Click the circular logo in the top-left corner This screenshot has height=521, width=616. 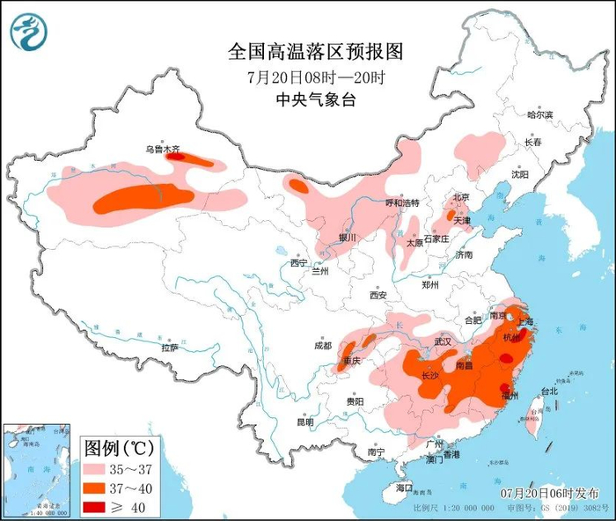26,33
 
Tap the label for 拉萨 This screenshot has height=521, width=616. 169,348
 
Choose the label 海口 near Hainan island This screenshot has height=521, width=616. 404,487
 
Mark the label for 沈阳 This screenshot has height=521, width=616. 521,174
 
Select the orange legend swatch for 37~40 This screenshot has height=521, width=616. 99,486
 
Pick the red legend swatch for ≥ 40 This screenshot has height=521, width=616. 99,505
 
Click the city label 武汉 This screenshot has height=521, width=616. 442,341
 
